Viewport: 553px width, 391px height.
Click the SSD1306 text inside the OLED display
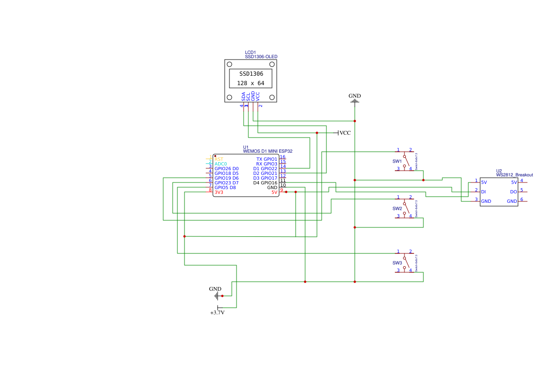[x=251, y=74]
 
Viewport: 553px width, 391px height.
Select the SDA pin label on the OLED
[x=244, y=96]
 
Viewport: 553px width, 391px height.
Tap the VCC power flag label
[x=345, y=133]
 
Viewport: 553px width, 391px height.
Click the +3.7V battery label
[x=217, y=313]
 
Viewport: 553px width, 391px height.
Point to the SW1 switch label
[x=397, y=161]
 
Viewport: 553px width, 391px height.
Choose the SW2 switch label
[x=397, y=209]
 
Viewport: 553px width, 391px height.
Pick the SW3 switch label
[x=397, y=263]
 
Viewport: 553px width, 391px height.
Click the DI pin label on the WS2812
[x=483, y=192]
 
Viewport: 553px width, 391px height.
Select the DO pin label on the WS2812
[x=513, y=192]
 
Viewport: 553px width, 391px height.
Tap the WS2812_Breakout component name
[x=514, y=175]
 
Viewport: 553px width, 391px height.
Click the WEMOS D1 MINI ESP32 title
[x=268, y=151]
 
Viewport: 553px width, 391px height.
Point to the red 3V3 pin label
[x=219, y=192]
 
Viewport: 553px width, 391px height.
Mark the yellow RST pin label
[x=219, y=159]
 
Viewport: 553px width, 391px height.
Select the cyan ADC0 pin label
[x=220, y=164]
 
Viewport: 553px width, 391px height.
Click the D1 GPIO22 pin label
[x=265, y=169]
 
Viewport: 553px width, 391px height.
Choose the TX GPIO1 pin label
[x=266, y=159]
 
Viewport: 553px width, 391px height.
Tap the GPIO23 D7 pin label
[x=226, y=183]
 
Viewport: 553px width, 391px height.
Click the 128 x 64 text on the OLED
[x=251, y=83]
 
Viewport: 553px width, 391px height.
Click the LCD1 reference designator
[x=250, y=52]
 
